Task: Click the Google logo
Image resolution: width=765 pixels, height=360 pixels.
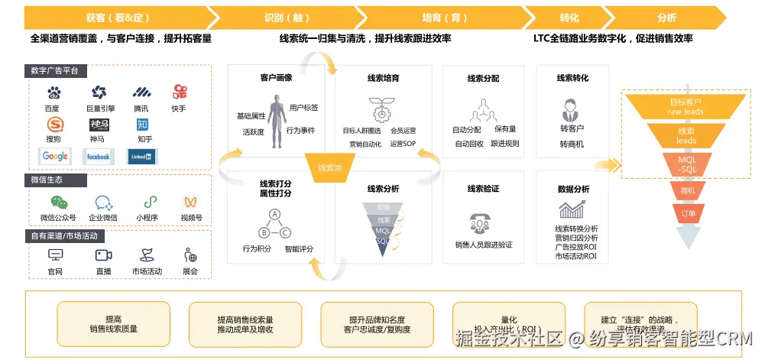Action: pyautogui.click(x=55, y=156)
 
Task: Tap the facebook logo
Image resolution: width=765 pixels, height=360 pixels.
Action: pyautogui.click(x=98, y=156)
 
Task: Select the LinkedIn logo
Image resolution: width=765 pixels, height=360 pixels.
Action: pyautogui.click(x=141, y=156)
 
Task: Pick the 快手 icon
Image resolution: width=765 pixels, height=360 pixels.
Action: pyautogui.click(x=180, y=92)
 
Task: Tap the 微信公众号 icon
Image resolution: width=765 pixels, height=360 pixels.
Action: pyautogui.click(x=59, y=203)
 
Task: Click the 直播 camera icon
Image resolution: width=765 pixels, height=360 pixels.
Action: pyautogui.click(x=103, y=255)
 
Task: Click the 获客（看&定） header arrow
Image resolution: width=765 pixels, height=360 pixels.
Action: pyautogui.click(x=112, y=17)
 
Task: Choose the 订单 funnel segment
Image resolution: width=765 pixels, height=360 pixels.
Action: pyautogui.click(x=688, y=213)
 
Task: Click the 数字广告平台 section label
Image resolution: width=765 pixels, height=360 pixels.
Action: pyautogui.click(x=60, y=71)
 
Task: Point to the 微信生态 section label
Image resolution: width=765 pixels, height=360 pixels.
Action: pyautogui.click(x=47, y=180)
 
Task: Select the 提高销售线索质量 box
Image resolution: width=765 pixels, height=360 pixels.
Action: pyautogui.click(x=113, y=323)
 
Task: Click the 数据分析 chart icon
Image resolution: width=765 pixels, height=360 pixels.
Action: pyautogui.click(x=572, y=209)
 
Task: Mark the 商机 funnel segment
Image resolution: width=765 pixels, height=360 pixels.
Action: pyautogui.click(x=687, y=190)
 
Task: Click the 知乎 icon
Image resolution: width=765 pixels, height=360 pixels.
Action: pyautogui.click(x=143, y=125)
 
